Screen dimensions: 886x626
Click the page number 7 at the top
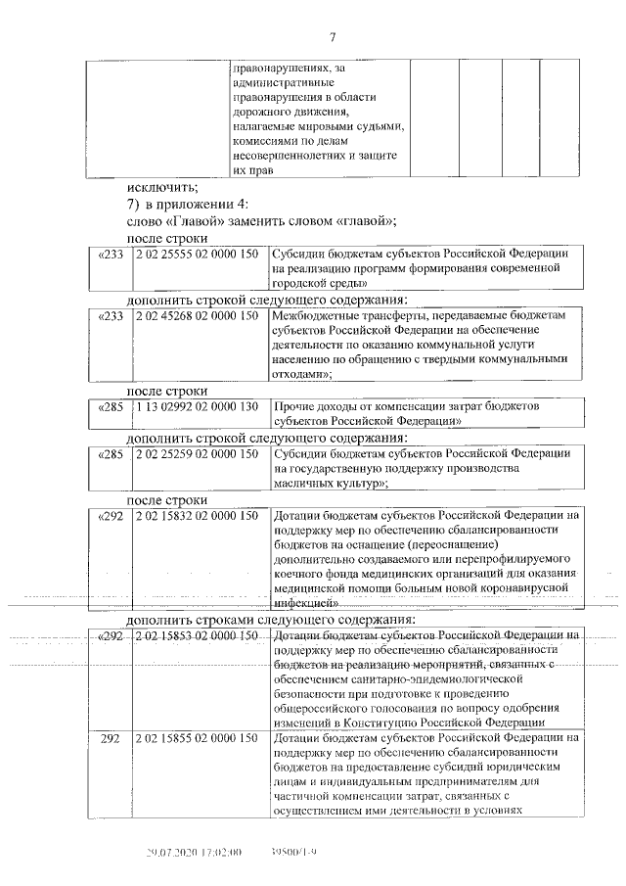point(332,37)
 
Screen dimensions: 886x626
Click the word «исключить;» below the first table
point(161,188)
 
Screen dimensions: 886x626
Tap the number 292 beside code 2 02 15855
point(112,737)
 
